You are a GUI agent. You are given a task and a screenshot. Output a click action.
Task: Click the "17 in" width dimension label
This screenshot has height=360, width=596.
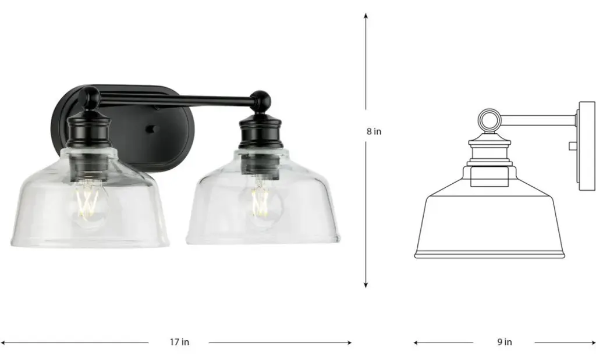(x=179, y=342)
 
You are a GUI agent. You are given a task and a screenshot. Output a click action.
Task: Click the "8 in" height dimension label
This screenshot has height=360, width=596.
(x=374, y=131)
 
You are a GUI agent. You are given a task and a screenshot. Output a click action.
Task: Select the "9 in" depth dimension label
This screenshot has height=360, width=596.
(x=505, y=342)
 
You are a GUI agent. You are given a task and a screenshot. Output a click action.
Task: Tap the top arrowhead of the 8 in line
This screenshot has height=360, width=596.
(x=366, y=16)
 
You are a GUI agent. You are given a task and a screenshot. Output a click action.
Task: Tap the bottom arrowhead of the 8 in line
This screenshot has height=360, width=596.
(x=366, y=285)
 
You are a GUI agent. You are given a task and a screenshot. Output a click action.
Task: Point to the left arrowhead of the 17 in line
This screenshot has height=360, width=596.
(x=3, y=343)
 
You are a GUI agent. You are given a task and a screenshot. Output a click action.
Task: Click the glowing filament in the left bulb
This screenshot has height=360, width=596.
(x=87, y=201)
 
